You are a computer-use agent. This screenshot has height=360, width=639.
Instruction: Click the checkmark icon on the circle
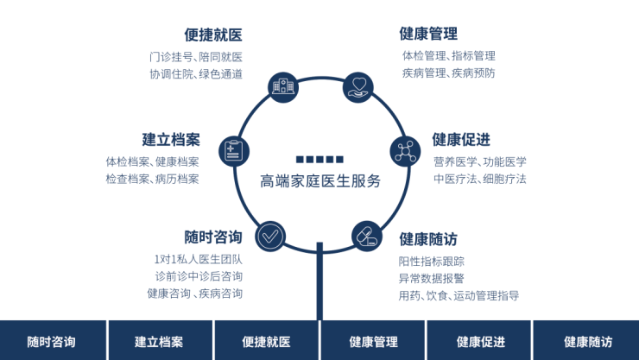[x=269, y=235]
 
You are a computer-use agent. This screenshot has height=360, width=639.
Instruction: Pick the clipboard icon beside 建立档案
[x=232, y=151]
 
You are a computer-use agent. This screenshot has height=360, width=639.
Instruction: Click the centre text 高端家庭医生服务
[x=319, y=181]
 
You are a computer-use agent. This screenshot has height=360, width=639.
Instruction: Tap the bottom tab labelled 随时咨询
[x=52, y=341]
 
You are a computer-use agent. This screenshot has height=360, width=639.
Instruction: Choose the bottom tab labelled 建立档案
[x=159, y=341]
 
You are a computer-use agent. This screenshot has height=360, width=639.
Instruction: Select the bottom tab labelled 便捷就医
[x=266, y=341]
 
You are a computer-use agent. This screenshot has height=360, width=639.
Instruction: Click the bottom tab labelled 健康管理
[x=373, y=341]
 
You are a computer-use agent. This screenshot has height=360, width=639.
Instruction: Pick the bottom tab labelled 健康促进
[x=480, y=341]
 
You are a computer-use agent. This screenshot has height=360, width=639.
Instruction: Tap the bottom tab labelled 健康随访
[x=587, y=341]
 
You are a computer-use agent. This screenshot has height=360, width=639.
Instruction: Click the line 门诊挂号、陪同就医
[x=195, y=57]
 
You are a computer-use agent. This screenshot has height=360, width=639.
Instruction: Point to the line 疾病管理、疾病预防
[x=448, y=73]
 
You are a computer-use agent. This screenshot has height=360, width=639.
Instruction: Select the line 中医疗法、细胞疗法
[x=480, y=179]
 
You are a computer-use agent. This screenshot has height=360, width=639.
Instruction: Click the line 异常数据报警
[x=431, y=278]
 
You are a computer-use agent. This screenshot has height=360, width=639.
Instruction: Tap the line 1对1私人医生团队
[x=198, y=259]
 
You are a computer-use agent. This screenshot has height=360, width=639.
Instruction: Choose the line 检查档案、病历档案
[x=152, y=179]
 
